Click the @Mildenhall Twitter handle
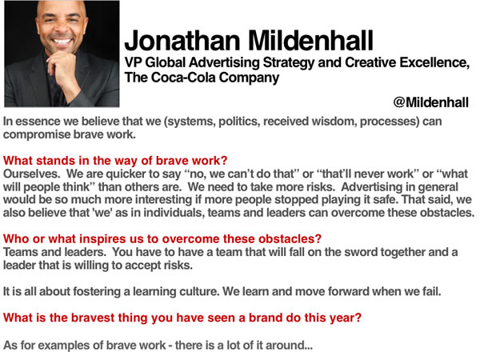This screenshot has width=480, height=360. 430,102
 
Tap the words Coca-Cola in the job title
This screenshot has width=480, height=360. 183,77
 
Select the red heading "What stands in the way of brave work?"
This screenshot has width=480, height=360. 115,161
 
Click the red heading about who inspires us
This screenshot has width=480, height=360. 162,238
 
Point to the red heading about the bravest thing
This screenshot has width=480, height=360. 182,318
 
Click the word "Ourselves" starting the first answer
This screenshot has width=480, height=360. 31,174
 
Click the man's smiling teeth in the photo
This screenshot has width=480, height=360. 62,42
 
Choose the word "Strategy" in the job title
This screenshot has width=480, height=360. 289,62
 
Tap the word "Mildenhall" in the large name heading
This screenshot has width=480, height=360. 310,41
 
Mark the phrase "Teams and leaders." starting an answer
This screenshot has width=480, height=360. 54,252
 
